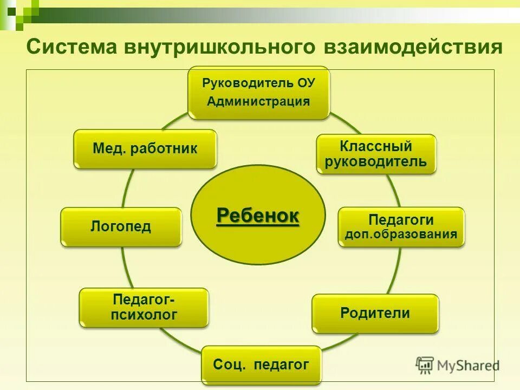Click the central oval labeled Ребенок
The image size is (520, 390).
(x=258, y=215)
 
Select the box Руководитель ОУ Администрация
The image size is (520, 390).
(x=258, y=93)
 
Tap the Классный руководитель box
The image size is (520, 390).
(x=376, y=154)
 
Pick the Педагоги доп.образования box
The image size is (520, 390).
(x=401, y=227)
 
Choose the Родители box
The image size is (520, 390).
(x=375, y=313)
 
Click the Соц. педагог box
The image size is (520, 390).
(x=261, y=365)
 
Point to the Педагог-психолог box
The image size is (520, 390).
(x=144, y=307)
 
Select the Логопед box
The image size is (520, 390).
(x=121, y=226)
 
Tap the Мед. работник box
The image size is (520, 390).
(x=145, y=148)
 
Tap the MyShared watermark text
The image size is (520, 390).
(x=468, y=366)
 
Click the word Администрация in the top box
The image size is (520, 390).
(x=258, y=101)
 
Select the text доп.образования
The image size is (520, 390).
(x=401, y=235)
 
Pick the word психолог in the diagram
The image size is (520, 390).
(x=144, y=315)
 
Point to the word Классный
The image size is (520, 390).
(x=376, y=146)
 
